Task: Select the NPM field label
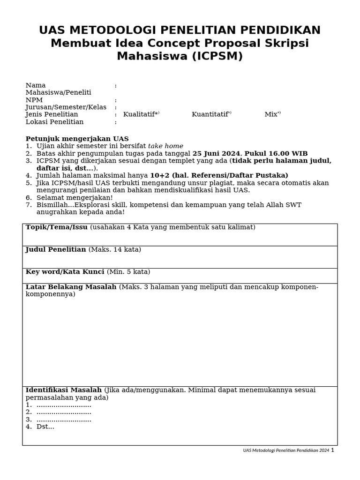click(x=34, y=100)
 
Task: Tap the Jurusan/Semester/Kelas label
click(x=66, y=107)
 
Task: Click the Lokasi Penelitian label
click(x=54, y=122)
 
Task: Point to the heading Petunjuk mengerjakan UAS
click(x=77, y=139)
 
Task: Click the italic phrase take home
click(x=165, y=146)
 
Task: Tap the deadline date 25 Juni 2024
click(x=216, y=154)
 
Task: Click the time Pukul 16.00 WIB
click(x=276, y=154)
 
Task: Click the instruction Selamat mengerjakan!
click(x=75, y=197)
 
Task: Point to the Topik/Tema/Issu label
click(x=56, y=227)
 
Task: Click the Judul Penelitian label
click(x=56, y=249)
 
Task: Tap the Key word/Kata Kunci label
click(x=65, y=272)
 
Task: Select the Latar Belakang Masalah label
click(x=71, y=287)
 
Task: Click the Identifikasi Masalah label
click(x=63, y=390)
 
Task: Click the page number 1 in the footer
click(x=332, y=450)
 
